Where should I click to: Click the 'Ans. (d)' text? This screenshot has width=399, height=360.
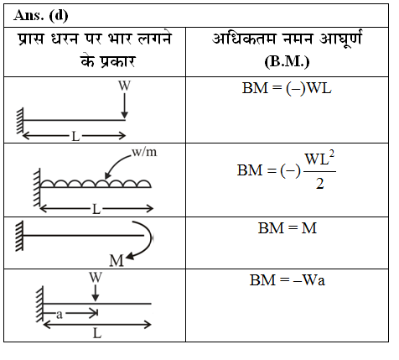tap(41, 15)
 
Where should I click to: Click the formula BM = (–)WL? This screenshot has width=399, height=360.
tap(287, 89)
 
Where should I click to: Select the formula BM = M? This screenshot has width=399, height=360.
tap(288, 228)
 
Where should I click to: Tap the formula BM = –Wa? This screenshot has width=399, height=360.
tap(288, 280)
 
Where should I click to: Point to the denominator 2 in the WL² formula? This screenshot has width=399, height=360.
tap(320, 185)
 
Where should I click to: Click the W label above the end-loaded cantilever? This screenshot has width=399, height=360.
tap(124, 86)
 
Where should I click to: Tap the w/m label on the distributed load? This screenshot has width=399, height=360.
tap(144, 152)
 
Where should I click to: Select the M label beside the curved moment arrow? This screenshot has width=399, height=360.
tap(117, 261)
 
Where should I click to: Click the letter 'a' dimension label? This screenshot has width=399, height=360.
tap(60, 315)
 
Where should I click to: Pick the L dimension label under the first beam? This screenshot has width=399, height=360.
tap(75, 137)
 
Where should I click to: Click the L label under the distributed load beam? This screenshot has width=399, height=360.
tap(96, 209)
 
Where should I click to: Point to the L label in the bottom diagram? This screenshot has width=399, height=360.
tap(97, 334)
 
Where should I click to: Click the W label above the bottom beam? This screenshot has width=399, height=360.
tap(96, 278)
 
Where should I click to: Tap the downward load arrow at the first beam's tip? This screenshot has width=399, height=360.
tap(125, 106)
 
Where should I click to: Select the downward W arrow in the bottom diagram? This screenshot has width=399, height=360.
tap(96, 293)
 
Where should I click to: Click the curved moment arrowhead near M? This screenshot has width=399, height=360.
tap(130, 256)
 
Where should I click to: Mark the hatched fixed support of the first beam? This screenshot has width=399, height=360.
tap(20, 121)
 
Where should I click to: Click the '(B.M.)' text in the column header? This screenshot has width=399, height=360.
tap(287, 62)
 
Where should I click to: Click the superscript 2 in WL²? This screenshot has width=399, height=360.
tap(332, 154)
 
